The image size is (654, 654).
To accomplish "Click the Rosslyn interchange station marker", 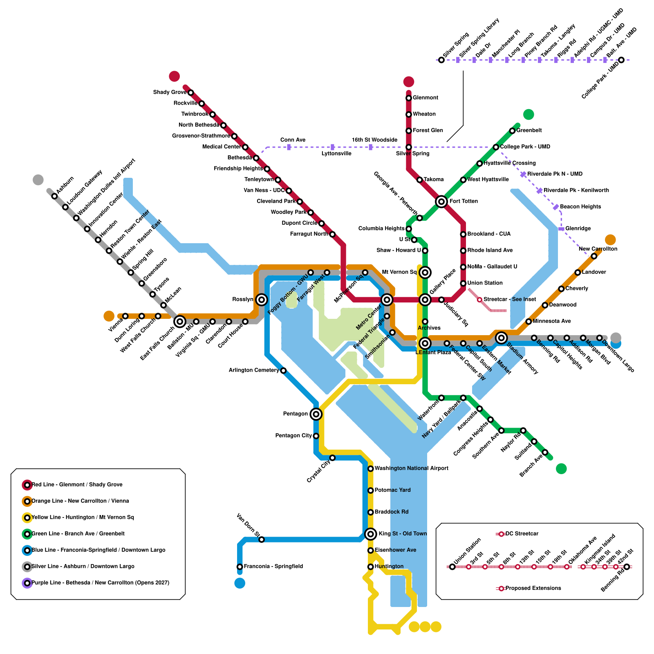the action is click(262, 300).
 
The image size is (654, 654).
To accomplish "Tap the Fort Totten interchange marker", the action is click(441, 201).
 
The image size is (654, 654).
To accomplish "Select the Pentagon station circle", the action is click(316, 414).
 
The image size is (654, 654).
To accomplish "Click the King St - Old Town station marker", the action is click(370, 534).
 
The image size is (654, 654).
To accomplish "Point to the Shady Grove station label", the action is click(170, 92).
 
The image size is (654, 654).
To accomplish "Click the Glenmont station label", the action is click(425, 98).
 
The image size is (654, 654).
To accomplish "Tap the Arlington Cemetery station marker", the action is click(283, 371).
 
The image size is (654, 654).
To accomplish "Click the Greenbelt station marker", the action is click(512, 131).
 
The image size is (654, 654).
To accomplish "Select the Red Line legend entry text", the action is click(77, 485).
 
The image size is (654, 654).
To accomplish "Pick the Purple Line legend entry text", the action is click(100, 583).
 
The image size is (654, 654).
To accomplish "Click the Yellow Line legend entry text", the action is click(83, 517).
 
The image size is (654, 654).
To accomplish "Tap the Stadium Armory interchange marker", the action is click(501, 338).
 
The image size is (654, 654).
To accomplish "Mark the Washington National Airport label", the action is click(411, 468).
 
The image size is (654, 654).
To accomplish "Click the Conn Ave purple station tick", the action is click(289, 147).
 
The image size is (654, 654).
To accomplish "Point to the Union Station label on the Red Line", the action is click(485, 283).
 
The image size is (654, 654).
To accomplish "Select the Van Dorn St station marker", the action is click(262, 540).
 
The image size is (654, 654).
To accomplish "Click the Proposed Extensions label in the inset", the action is click(533, 588).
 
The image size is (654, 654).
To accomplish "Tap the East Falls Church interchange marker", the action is click(180, 322).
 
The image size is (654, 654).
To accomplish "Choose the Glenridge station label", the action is click(578, 228).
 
